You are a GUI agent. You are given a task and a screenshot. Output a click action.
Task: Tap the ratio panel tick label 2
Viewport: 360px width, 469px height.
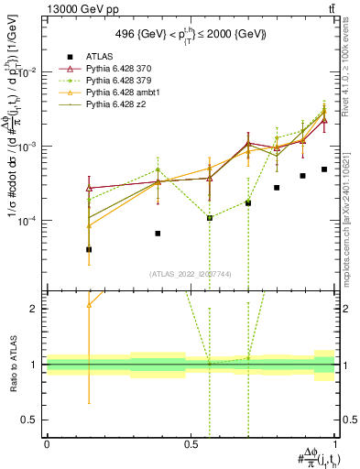click(x=36, y=309)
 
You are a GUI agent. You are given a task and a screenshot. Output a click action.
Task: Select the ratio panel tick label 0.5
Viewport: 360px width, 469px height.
click(x=31, y=420)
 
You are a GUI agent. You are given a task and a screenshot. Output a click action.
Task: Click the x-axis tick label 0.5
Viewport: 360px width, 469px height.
click(x=191, y=443)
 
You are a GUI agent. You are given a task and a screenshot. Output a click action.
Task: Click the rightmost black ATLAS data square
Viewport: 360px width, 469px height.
click(x=324, y=169)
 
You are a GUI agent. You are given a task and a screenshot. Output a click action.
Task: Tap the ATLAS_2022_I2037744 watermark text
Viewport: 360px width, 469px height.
click(x=191, y=273)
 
